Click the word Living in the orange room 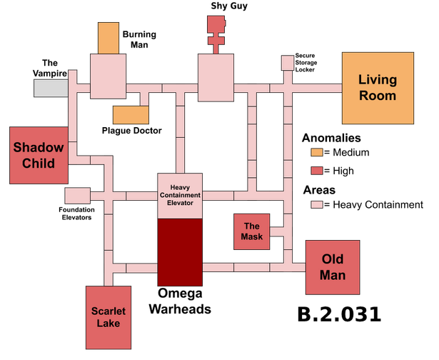(x=377, y=79)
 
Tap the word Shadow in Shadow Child (x=39, y=148)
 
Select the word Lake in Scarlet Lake (x=109, y=324)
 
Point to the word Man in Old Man (x=333, y=275)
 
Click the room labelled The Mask (x=251, y=231)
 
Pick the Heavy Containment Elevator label (x=181, y=194)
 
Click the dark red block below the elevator (x=180, y=251)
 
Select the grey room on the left (x=51, y=87)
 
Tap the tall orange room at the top (x=109, y=38)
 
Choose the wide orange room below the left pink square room (x=131, y=115)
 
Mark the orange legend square (x=317, y=152)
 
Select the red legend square (x=317, y=171)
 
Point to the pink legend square (x=317, y=204)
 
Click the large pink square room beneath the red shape (x=216, y=77)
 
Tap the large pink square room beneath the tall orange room (x=108, y=76)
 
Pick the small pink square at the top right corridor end (x=288, y=63)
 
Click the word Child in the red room (x=39, y=164)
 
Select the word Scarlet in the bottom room (x=109, y=311)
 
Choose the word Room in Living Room (x=377, y=95)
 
